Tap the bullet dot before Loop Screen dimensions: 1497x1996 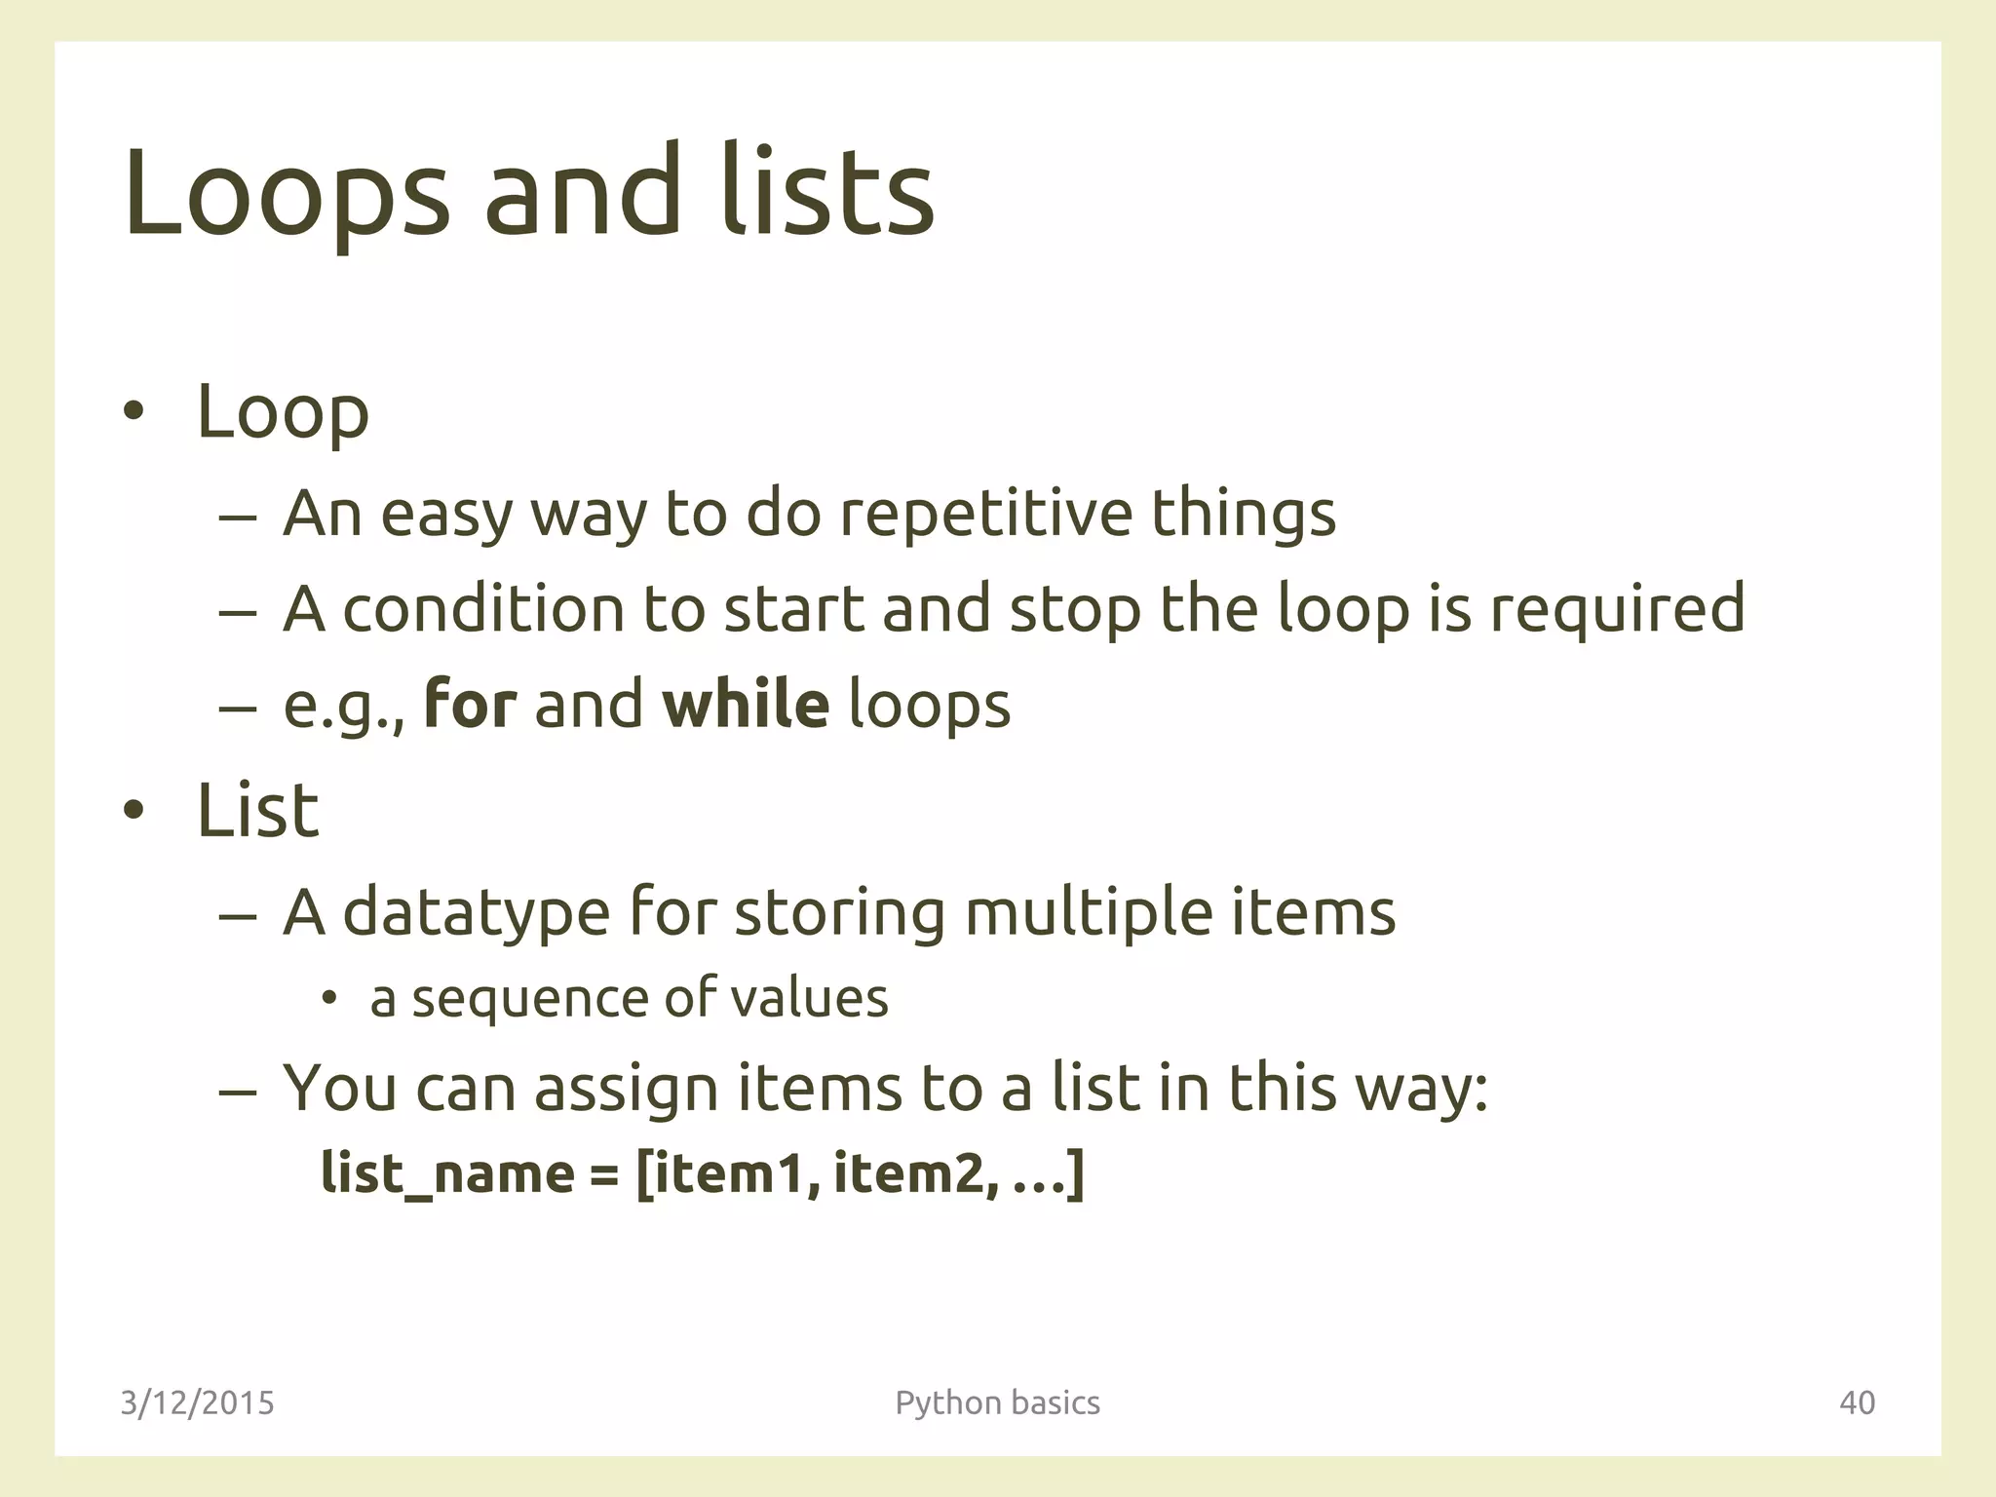(x=134, y=413)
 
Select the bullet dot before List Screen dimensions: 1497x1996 (x=134, y=812)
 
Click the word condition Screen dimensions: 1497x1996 (x=483, y=608)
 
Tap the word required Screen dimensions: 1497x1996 (x=1617, y=608)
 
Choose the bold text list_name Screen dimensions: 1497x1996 (x=447, y=1173)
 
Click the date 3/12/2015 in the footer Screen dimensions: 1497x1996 (x=198, y=1402)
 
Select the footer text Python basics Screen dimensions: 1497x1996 (x=997, y=1402)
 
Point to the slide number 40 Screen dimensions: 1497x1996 (x=1857, y=1402)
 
